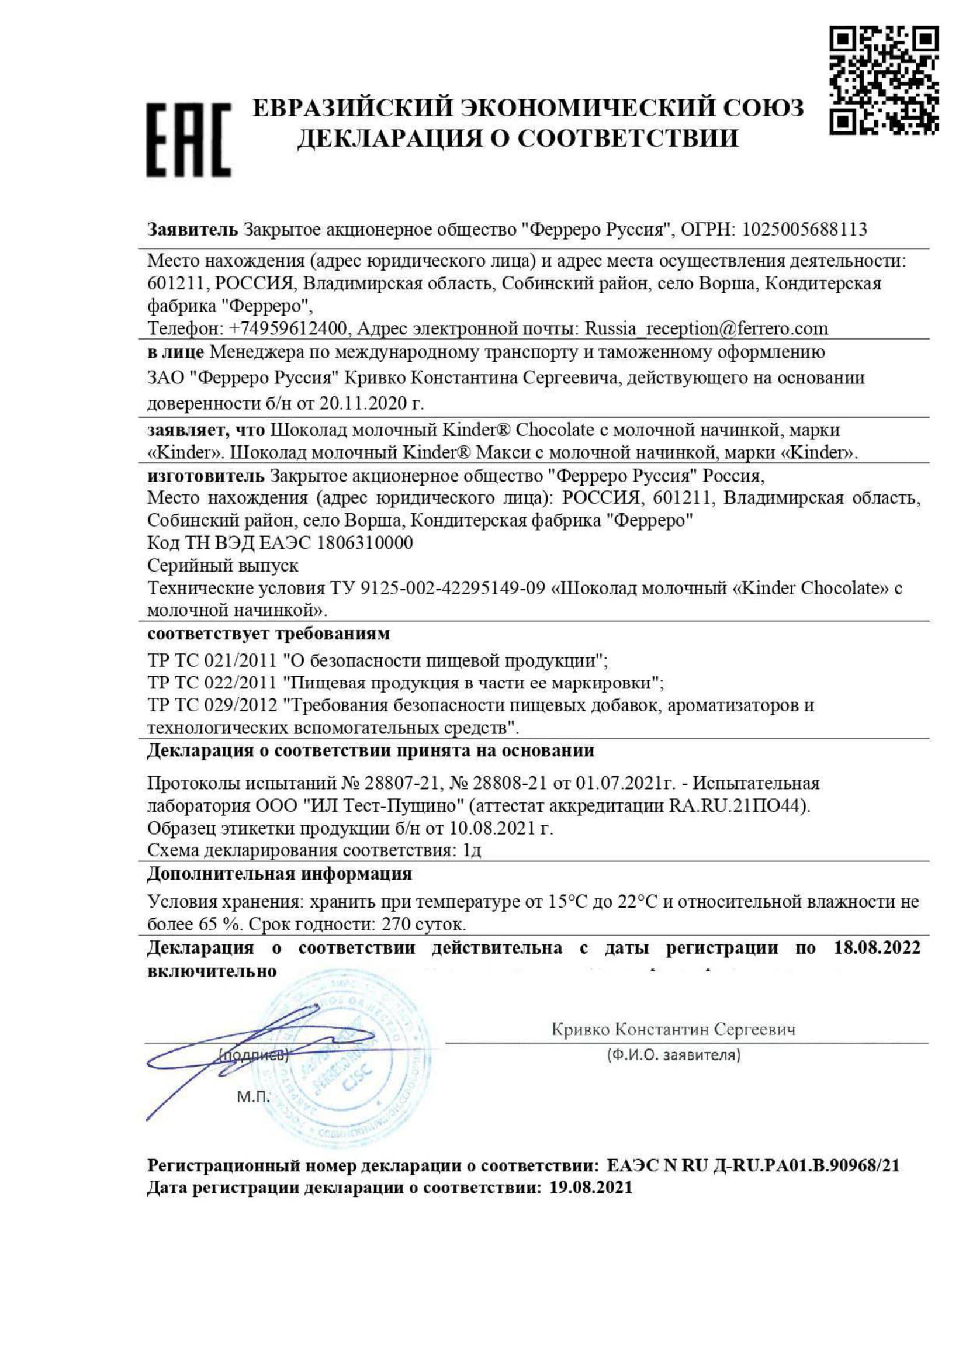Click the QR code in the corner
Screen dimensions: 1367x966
click(x=883, y=80)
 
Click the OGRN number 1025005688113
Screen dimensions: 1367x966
click(x=804, y=229)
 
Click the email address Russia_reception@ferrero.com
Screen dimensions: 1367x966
click(x=707, y=328)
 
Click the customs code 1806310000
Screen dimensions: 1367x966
click(x=365, y=542)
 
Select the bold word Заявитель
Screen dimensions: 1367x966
click(x=192, y=229)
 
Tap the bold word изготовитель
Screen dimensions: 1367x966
click(x=205, y=476)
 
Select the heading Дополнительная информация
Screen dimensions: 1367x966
click(x=279, y=873)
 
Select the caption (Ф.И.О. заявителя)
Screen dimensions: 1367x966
click(x=674, y=1055)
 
